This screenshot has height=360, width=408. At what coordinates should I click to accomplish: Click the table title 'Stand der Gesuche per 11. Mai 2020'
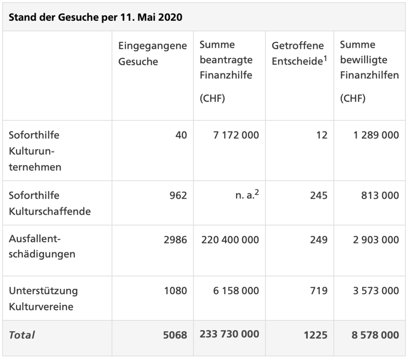tap(96, 18)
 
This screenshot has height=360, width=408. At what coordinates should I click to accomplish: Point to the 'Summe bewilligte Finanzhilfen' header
tap(369, 60)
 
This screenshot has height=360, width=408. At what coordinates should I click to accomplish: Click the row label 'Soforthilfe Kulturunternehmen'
tap(35, 151)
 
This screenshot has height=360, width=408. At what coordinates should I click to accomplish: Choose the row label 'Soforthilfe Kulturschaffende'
tap(49, 203)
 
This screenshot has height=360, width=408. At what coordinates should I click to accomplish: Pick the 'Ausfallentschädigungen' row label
tap(42, 247)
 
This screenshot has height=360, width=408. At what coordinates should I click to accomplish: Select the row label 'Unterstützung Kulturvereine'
tap(43, 299)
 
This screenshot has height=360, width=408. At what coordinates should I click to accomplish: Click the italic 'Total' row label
tap(22, 335)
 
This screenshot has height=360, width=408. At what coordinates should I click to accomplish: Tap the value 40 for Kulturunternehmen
tap(181, 135)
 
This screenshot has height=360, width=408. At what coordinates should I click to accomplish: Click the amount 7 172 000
tap(236, 135)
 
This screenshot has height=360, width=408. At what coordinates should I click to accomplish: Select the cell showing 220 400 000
tap(230, 240)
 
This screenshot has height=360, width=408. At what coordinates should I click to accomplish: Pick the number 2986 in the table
tap(175, 240)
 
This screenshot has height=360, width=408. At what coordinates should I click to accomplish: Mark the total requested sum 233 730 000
tap(229, 334)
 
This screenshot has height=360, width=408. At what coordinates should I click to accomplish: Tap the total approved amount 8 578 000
tap(375, 335)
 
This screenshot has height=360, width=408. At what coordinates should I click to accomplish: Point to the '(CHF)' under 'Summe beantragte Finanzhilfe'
tap(212, 98)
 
